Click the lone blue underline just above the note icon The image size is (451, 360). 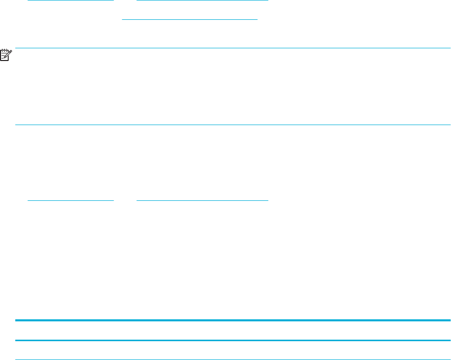click(189, 19)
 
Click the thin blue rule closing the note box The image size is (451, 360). click(233, 125)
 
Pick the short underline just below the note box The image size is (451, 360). click(70, 200)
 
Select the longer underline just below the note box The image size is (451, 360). click(202, 200)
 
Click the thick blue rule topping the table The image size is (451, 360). click(233, 320)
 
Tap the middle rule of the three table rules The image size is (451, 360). click(233, 340)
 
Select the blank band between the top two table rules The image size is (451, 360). click(233, 331)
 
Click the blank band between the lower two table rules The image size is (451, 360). click(233, 350)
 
